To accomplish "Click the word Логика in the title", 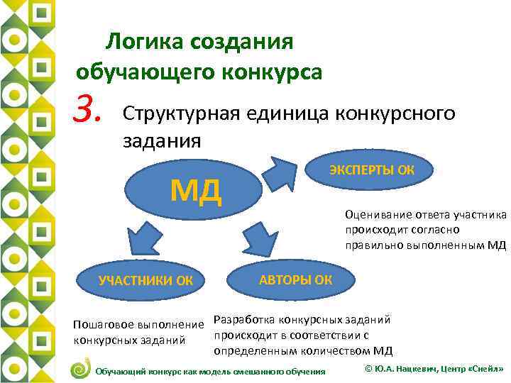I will click(x=141, y=41).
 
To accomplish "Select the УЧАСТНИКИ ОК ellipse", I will click(x=145, y=279).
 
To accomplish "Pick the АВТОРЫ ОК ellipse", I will click(x=295, y=278).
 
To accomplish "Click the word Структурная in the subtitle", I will click(x=182, y=113).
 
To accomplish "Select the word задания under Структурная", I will click(x=162, y=140).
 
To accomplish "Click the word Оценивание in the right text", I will click(x=377, y=214).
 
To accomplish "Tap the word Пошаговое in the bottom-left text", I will click(x=105, y=325).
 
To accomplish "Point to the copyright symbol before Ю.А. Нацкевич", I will click(x=368, y=370).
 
